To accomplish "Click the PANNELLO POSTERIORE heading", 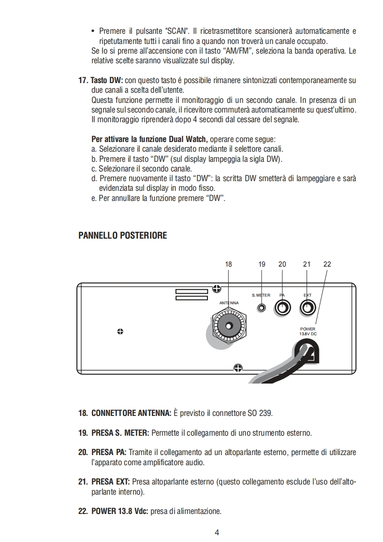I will tap(122, 236).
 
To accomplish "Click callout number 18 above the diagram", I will tap(229, 264).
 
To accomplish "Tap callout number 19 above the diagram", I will tap(262, 264).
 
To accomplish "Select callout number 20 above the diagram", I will tap(282, 264).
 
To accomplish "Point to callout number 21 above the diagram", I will tap(307, 264).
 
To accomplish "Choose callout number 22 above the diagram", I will tap(327, 264).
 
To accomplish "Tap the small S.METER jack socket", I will tap(262, 307).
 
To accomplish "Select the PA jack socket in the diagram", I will tap(282, 307).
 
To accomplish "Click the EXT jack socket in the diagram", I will tap(307, 307).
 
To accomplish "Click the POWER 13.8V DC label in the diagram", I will tap(308, 331).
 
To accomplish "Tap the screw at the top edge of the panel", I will tap(217, 289).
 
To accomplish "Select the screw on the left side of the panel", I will tap(120, 331).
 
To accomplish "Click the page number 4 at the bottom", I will tap(217, 533).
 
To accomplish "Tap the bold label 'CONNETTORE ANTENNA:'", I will tap(131, 414).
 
